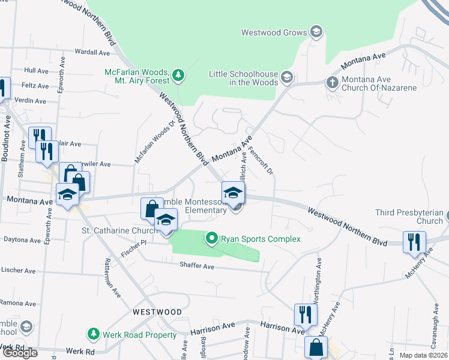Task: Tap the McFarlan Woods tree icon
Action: [x=178, y=75]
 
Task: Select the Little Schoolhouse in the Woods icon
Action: [x=287, y=76]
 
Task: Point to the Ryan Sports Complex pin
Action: [x=211, y=239]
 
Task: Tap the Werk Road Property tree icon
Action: [x=92, y=333]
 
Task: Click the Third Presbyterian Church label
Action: [x=409, y=217]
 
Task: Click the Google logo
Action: [x=19, y=353]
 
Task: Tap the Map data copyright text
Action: [x=424, y=355]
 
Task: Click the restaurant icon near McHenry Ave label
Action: [x=414, y=241]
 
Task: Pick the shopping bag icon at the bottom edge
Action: [x=316, y=347]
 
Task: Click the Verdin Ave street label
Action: [x=31, y=100]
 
